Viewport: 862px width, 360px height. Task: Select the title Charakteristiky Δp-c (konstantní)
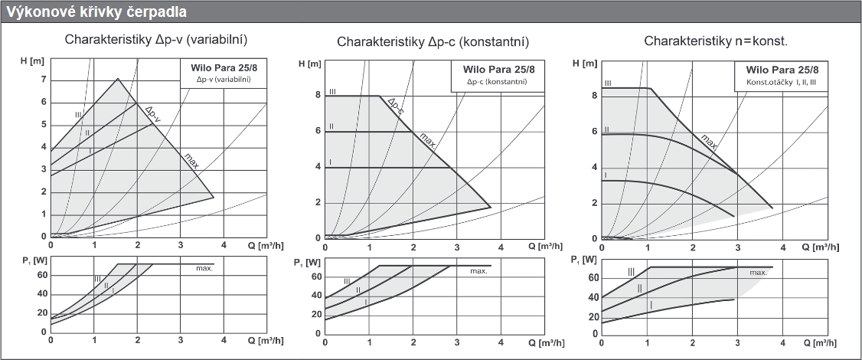click(433, 41)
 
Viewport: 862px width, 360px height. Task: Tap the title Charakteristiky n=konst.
click(716, 41)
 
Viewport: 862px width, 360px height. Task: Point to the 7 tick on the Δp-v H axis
click(44, 80)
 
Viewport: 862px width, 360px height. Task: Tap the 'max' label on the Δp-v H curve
click(191, 162)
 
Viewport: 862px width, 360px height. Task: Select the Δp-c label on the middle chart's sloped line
click(395, 106)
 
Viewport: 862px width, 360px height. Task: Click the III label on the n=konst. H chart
click(607, 83)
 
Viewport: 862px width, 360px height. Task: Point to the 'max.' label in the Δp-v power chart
click(204, 269)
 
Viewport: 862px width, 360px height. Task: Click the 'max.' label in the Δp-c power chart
click(478, 271)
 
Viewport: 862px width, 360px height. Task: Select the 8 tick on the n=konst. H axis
click(594, 96)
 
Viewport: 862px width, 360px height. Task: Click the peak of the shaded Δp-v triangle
click(118, 78)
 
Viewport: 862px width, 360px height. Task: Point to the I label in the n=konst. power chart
click(651, 306)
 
